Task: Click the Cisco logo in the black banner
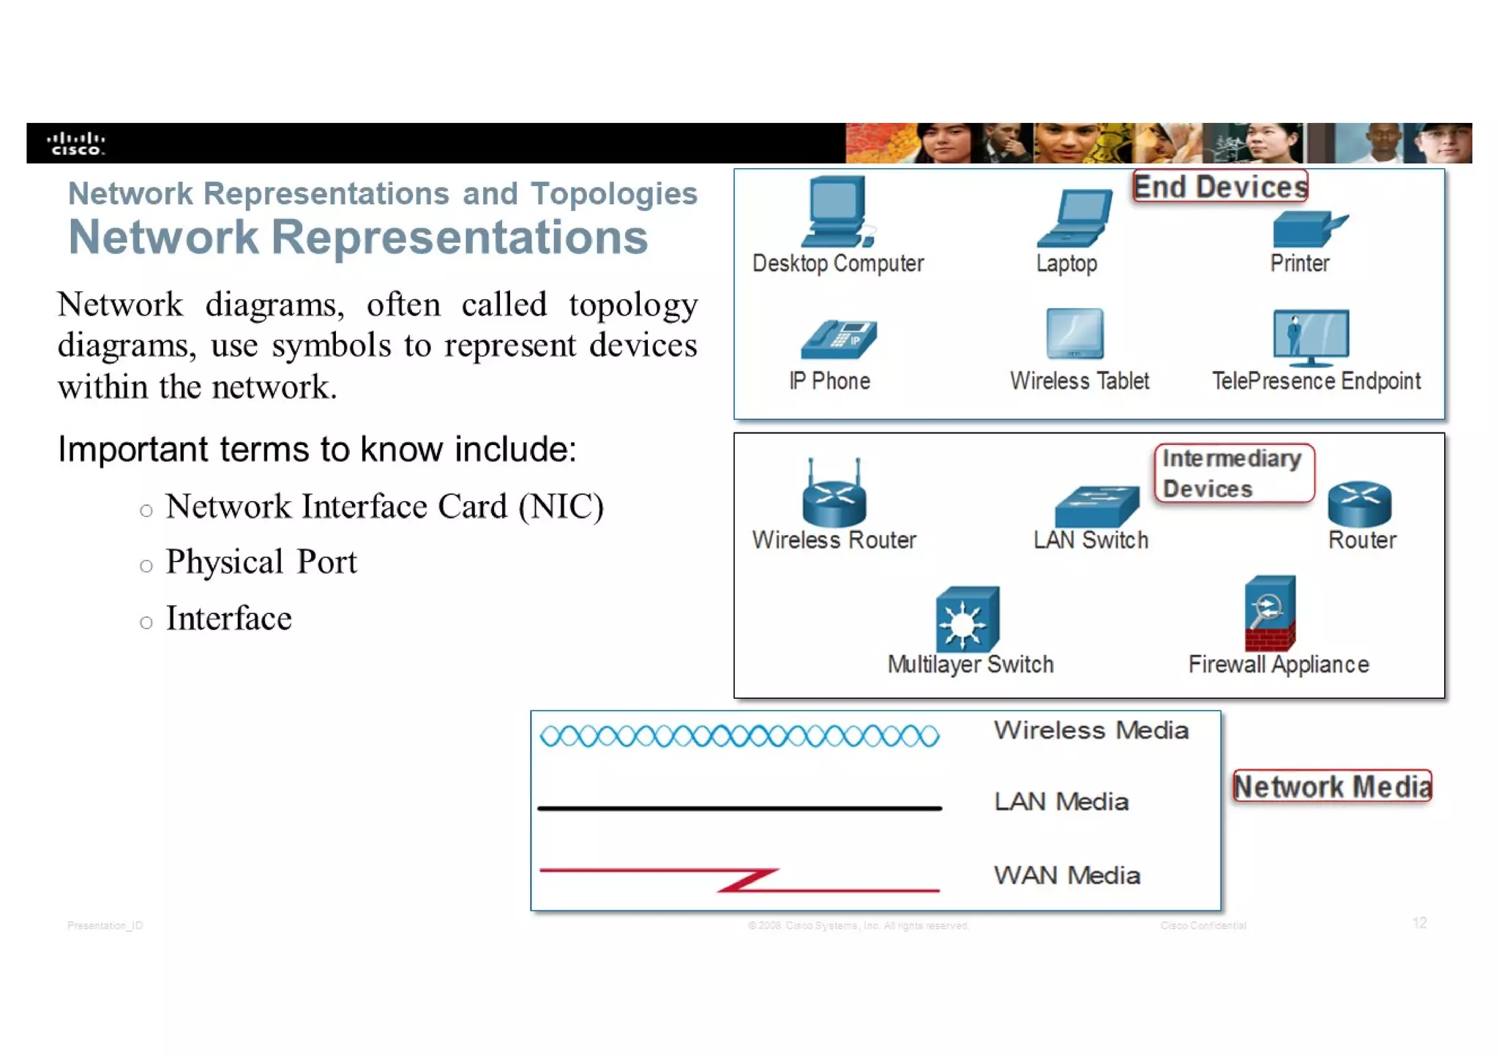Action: pyautogui.click(x=76, y=143)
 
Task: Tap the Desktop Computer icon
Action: pyautogui.click(x=837, y=212)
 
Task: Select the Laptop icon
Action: pyautogui.click(x=1074, y=218)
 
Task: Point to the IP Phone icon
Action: pyautogui.click(x=839, y=340)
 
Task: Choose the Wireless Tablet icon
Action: pyautogui.click(x=1074, y=334)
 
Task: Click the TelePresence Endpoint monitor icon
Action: pyautogui.click(x=1311, y=337)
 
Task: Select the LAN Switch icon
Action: pyautogui.click(x=1096, y=506)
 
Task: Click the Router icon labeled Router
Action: pyautogui.click(x=1359, y=504)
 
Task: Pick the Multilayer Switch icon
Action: pyautogui.click(x=967, y=619)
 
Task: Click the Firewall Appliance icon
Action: pyautogui.click(x=1270, y=613)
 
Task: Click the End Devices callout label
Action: pyautogui.click(x=1220, y=187)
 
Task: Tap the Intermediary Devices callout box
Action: pyautogui.click(x=1233, y=474)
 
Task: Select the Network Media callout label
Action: pyautogui.click(x=1331, y=786)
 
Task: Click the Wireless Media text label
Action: pyautogui.click(x=1091, y=730)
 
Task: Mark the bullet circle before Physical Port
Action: pyautogui.click(x=146, y=566)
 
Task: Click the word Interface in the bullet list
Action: pyautogui.click(x=228, y=618)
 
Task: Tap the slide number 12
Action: pyautogui.click(x=1418, y=923)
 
